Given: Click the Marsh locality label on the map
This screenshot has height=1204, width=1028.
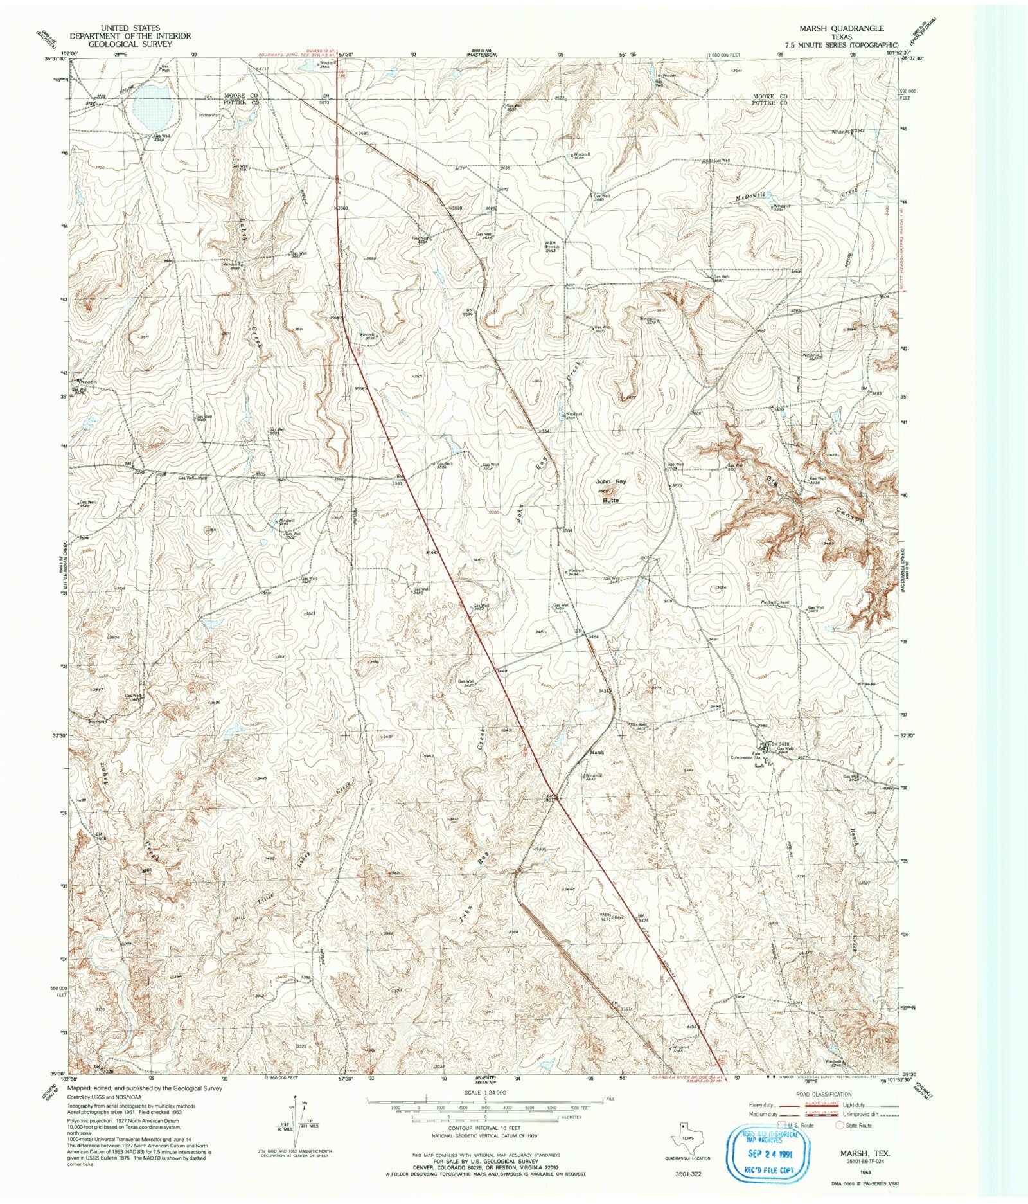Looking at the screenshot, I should tap(597, 753).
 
